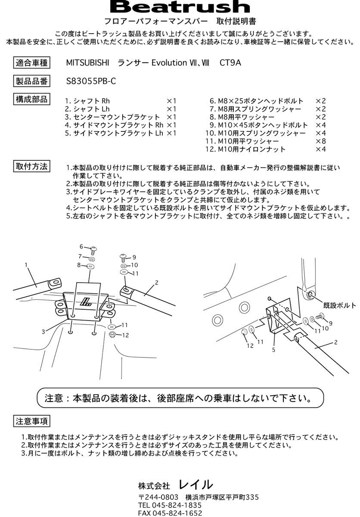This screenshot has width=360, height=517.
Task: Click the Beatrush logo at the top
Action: [x=180, y=7]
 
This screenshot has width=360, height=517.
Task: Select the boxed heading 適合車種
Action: [x=32, y=63]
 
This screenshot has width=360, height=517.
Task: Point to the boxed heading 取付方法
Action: [x=32, y=166]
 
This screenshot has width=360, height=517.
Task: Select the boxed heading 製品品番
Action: [x=32, y=81]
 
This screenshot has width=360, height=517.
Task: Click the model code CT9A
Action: [x=230, y=63]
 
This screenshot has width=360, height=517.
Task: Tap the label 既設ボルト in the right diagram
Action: [x=340, y=305]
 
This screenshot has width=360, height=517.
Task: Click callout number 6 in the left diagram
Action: [x=81, y=246]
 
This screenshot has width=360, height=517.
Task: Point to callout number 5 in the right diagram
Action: [x=273, y=350]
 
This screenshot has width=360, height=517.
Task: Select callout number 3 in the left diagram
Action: [x=43, y=332]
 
